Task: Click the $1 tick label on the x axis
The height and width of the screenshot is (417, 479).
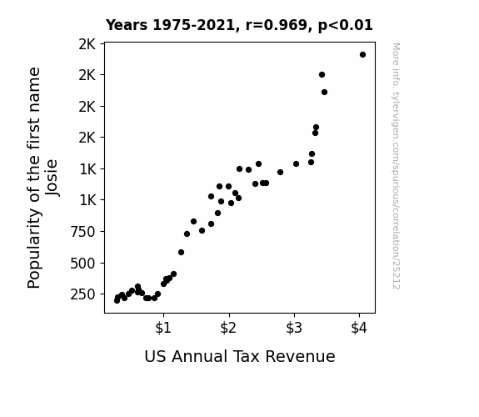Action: tap(163, 328)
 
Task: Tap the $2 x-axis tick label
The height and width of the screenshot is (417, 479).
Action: tap(228, 328)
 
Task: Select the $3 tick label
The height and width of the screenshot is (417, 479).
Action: tap(294, 328)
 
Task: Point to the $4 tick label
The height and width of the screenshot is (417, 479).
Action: tap(359, 328)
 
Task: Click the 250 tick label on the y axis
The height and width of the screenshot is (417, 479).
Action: tap(83, 294)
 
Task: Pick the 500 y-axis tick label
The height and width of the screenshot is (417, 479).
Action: tap(83, 263)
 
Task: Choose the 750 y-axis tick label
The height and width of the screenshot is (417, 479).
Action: tap(83, 232)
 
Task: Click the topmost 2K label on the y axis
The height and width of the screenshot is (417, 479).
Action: tap(87, 44)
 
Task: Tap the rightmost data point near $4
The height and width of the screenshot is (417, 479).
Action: tap(362, 55)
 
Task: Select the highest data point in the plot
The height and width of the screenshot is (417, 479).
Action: tap(362, 55)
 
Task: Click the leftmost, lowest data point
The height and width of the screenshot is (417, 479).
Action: tap(117, 301)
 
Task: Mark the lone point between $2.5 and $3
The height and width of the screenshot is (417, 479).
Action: tap(280, 173)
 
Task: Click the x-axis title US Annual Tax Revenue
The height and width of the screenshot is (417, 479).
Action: tap(240, 356)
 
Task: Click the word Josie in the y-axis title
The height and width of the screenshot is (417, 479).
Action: tap(52, 178)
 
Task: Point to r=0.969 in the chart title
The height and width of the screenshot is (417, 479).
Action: tap(277, 25)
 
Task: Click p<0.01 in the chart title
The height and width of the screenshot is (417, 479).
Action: tap(346, 26)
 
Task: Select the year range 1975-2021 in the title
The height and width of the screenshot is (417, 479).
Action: tap(193, 25)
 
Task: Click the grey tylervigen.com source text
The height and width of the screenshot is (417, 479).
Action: tap(397, 166)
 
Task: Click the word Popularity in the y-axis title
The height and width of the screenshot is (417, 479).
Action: tap(33, 249)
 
